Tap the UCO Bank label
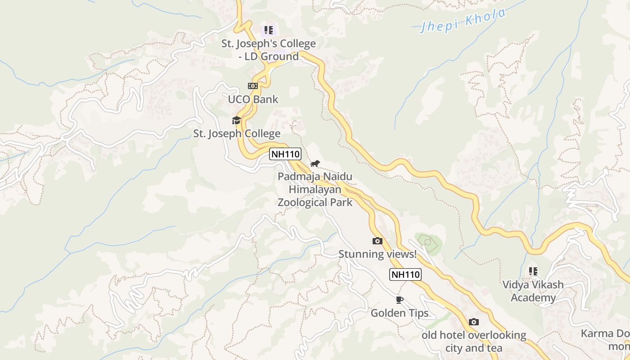(253, 99)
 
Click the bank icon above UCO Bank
(253, 85)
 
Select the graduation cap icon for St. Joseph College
(236, 120)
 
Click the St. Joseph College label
(237, 134)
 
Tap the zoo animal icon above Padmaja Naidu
(315, 163)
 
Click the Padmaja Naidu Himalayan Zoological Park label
(315, 189)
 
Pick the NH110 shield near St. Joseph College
(285, 154)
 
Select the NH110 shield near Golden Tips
(405, 274)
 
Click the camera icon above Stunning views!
(378, 241)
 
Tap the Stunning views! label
(378, 254)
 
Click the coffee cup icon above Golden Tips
(399, 300)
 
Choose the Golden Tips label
(400, 313)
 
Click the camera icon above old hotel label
(473, 322)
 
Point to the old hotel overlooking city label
(474, 341)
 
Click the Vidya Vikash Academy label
(533, 291)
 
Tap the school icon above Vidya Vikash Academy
(533, 271)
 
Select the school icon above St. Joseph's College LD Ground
(268, 30)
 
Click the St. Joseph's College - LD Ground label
(268, 50)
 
